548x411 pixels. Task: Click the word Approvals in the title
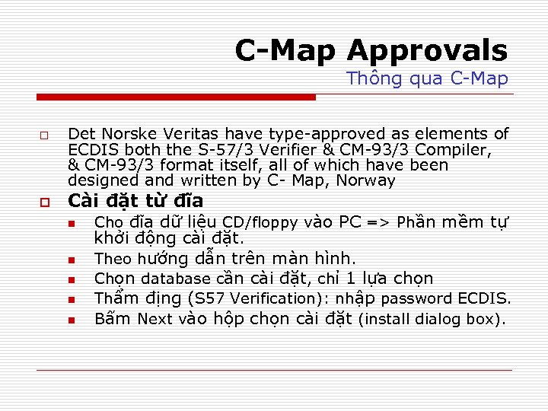click(x=427, y=51)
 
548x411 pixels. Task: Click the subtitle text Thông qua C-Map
click(x=427, y=78)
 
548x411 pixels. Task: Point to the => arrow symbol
click(x=380, y=223)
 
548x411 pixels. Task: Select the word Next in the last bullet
click(x=155, y=319)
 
